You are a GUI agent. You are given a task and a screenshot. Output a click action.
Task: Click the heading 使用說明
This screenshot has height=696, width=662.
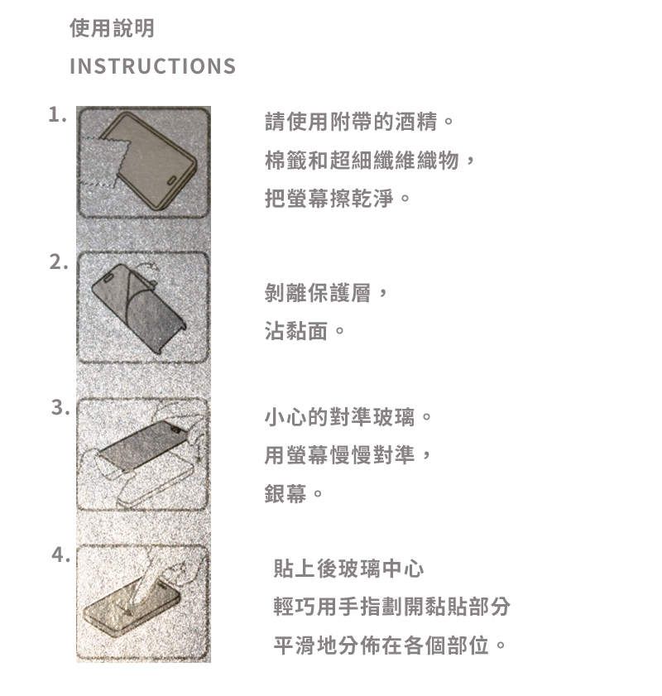tap(112, 28)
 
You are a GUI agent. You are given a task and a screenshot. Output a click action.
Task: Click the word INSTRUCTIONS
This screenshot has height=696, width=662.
tap(152, 66)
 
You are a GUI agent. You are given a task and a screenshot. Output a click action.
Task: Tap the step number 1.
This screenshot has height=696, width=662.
tap(57, 114)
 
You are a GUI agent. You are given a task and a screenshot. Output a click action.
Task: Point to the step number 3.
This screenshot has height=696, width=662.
tap(60, 407)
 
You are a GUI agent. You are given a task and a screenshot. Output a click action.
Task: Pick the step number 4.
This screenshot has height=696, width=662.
tap(60, 554)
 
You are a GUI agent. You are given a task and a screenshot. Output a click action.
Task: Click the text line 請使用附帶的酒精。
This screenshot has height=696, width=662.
tap(359, 122)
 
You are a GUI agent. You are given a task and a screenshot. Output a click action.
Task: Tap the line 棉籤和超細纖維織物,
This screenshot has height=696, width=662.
tap(370, 160)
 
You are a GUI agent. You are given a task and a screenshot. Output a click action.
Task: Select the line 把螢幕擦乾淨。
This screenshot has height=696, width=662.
tap(338, 198)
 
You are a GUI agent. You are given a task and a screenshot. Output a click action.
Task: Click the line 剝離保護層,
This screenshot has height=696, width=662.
tap(327, 293)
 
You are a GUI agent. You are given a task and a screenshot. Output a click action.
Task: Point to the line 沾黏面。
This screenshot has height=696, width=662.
tap(305, 331)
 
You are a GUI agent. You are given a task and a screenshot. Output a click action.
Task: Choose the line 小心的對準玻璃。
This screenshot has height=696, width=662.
tap(348, 417)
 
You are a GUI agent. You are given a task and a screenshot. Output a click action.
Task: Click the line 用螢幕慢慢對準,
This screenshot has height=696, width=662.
tap(348, 455)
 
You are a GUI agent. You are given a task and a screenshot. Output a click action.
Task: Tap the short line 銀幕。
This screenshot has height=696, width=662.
tap(294, 493)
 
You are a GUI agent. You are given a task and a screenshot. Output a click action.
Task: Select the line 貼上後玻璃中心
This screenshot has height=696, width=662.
tap(348, 569)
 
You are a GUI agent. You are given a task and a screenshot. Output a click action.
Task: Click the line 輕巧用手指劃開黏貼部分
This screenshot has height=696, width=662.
tap(391, 607)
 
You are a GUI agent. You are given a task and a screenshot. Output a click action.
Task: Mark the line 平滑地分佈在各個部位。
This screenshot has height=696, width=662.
tap(390, 646)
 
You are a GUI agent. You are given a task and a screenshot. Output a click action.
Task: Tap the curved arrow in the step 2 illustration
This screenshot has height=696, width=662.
tap(148, 266)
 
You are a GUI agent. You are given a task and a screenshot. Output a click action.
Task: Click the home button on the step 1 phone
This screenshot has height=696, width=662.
tap(172, 180)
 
